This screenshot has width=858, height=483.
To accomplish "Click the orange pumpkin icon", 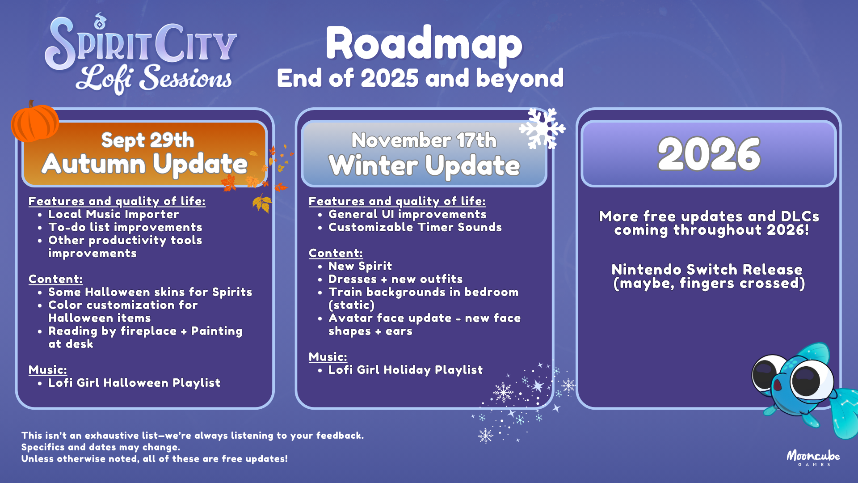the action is coord(35,122).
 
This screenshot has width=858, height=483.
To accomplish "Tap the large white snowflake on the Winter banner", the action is coord(542,128).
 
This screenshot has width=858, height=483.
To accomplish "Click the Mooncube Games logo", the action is coord(813,458).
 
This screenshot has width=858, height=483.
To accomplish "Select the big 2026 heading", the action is coord(709,154).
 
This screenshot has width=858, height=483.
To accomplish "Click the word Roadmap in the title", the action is coord(424,43).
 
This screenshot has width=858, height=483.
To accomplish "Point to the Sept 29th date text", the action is coord(147,140).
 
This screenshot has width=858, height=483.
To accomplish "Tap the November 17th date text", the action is coord(424,140).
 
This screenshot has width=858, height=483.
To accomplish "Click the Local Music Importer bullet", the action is coord(114,214).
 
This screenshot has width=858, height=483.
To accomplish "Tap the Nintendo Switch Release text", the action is coord(707,270).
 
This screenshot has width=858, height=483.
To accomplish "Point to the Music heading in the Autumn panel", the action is coord(48,370).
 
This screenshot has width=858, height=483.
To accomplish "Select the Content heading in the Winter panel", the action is coord(336,253).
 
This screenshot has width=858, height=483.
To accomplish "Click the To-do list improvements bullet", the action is coord(125,227).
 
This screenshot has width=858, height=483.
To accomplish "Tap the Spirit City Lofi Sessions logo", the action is coord(141,55).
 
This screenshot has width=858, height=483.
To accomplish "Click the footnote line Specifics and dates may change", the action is coord(101,447).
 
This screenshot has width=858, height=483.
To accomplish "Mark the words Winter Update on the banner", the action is coord(424,165).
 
